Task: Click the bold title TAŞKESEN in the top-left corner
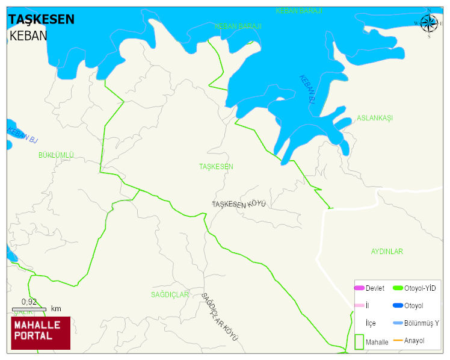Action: click(x=42, y=19)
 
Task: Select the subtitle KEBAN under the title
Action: click(x=28, y=36)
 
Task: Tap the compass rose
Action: click(x=428, y=23)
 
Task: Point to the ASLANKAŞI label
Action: click(x=374, y=118)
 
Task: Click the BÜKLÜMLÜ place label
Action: click(x=56, y=155)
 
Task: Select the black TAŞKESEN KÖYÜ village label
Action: click(x=238, y=204)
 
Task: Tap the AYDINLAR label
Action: click(x=386, y=251)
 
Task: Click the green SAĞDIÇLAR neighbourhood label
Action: click(x=170, y=294)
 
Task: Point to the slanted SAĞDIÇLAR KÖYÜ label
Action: click(x=220, y=317)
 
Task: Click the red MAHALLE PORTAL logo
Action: click(x=41, y=333)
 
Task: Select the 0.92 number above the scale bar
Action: click(x=29, y=302)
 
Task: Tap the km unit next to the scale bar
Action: click(x=56, y=309)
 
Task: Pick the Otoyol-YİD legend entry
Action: click(x=420, y=288)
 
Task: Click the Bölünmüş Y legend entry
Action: click(x=421, y=323)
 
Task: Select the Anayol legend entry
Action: click(x=414, y=341)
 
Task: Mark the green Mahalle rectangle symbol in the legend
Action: click(x=359, y=341)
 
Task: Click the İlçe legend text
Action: click(x=371, y=323)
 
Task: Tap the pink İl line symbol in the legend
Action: click(x=359, y=306)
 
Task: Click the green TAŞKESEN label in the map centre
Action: click(x=216, y=166)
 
